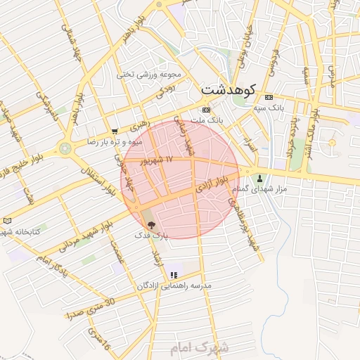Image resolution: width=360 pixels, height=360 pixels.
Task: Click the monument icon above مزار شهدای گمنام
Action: pyautogui.click(x=261, y=178)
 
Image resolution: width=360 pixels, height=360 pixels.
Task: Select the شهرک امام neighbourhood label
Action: pyautogui.click(x=200, y=348)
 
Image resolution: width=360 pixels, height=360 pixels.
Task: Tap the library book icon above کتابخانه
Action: pyautogui.click(x=8, y=220)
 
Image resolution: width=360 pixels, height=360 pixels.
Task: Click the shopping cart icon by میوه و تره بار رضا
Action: pyautogui.click(x=115, y=131)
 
